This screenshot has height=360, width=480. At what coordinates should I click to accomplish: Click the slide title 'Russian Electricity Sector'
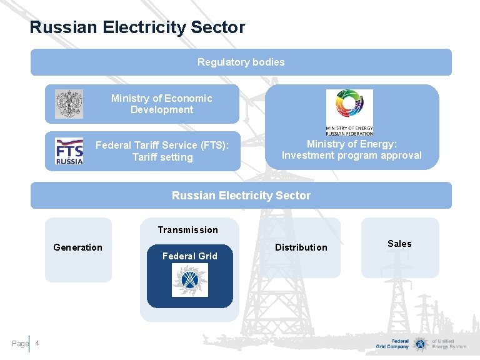click(x=137, y=27)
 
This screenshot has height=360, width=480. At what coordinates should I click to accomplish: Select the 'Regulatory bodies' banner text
click(x=241, y=62)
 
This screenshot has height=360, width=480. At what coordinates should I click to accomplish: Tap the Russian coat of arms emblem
click(x=69, y=104)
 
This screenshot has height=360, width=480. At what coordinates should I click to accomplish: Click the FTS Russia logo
click(x=69, y=151)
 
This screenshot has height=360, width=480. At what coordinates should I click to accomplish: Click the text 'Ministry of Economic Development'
click(x=161, y=104)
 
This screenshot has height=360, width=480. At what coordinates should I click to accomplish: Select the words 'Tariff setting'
click(x=162, y=157)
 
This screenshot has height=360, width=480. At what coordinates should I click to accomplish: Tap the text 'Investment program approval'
click(x=352, y=155)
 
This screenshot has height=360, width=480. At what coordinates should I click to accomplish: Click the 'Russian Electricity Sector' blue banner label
click(x=241, y=196)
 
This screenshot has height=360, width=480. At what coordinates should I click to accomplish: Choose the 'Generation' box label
click(x=77, y=247)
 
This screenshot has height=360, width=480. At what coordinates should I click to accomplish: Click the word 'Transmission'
click(x=187, y=230)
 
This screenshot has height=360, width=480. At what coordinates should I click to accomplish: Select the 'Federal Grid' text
click(x=189, y=256)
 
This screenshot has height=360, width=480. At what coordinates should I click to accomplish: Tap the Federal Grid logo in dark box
click(x=190, y=280)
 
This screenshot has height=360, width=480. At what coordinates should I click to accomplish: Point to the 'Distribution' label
click(x=301, y=247)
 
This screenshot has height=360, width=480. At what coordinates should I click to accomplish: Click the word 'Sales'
click(x=399, y=244)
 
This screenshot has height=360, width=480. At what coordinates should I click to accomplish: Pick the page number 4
click(x=37, y=343)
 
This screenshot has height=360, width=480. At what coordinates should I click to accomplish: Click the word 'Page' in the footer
click(x=20, y=343)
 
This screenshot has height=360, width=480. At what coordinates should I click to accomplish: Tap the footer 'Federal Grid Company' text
click(x=392, y=344)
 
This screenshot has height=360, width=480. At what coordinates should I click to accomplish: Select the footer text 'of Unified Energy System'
click(x=449, y=344)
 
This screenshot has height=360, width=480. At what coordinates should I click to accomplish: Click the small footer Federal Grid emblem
click(x=421, y=344)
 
